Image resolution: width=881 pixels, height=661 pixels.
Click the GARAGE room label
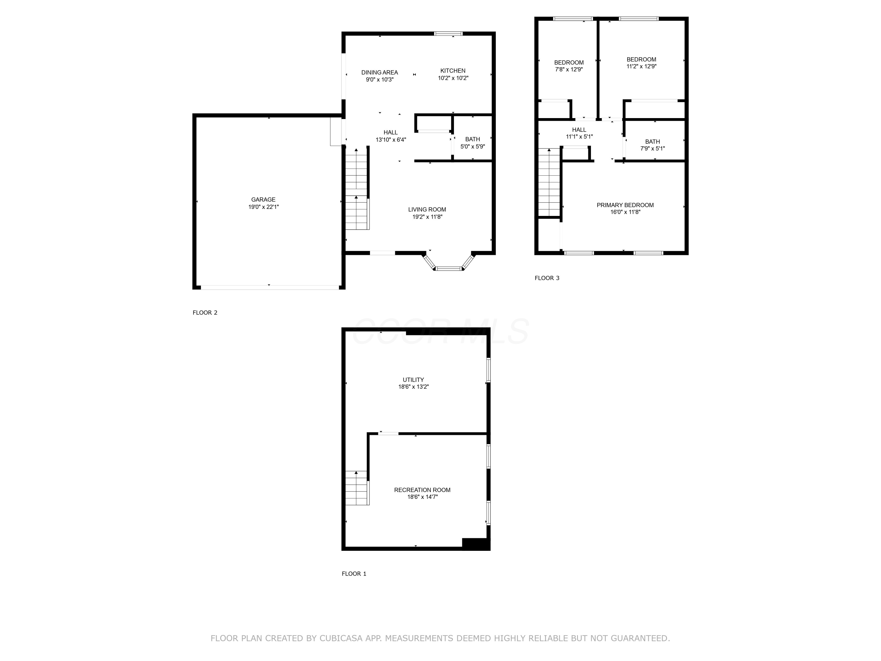(x=263, y=199)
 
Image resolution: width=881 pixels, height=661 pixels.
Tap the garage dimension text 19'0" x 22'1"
(x=263, y=207)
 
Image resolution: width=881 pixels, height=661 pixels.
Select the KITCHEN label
(x=453, y=71)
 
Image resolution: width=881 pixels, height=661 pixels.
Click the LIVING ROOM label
(x=427, y=209)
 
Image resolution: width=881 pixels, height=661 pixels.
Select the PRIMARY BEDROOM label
(x=625, y=205)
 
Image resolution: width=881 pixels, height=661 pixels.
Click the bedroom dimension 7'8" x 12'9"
(x=569, y=69)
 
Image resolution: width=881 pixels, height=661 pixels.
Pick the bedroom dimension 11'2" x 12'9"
(x=641, y=66)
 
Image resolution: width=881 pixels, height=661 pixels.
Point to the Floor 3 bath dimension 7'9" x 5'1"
(x=653, y=149)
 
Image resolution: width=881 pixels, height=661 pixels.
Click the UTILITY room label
(x=413, y=380)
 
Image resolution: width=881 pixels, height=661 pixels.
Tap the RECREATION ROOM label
(x=422, y=490)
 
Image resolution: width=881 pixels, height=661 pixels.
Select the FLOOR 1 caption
(x=354, y=574)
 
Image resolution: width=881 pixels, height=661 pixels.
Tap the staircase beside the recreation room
(x=356, y=488)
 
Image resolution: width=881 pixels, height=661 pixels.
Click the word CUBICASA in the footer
(x=341, y=638)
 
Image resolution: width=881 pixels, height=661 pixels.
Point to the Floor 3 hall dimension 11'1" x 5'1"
(x=579, y=137)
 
